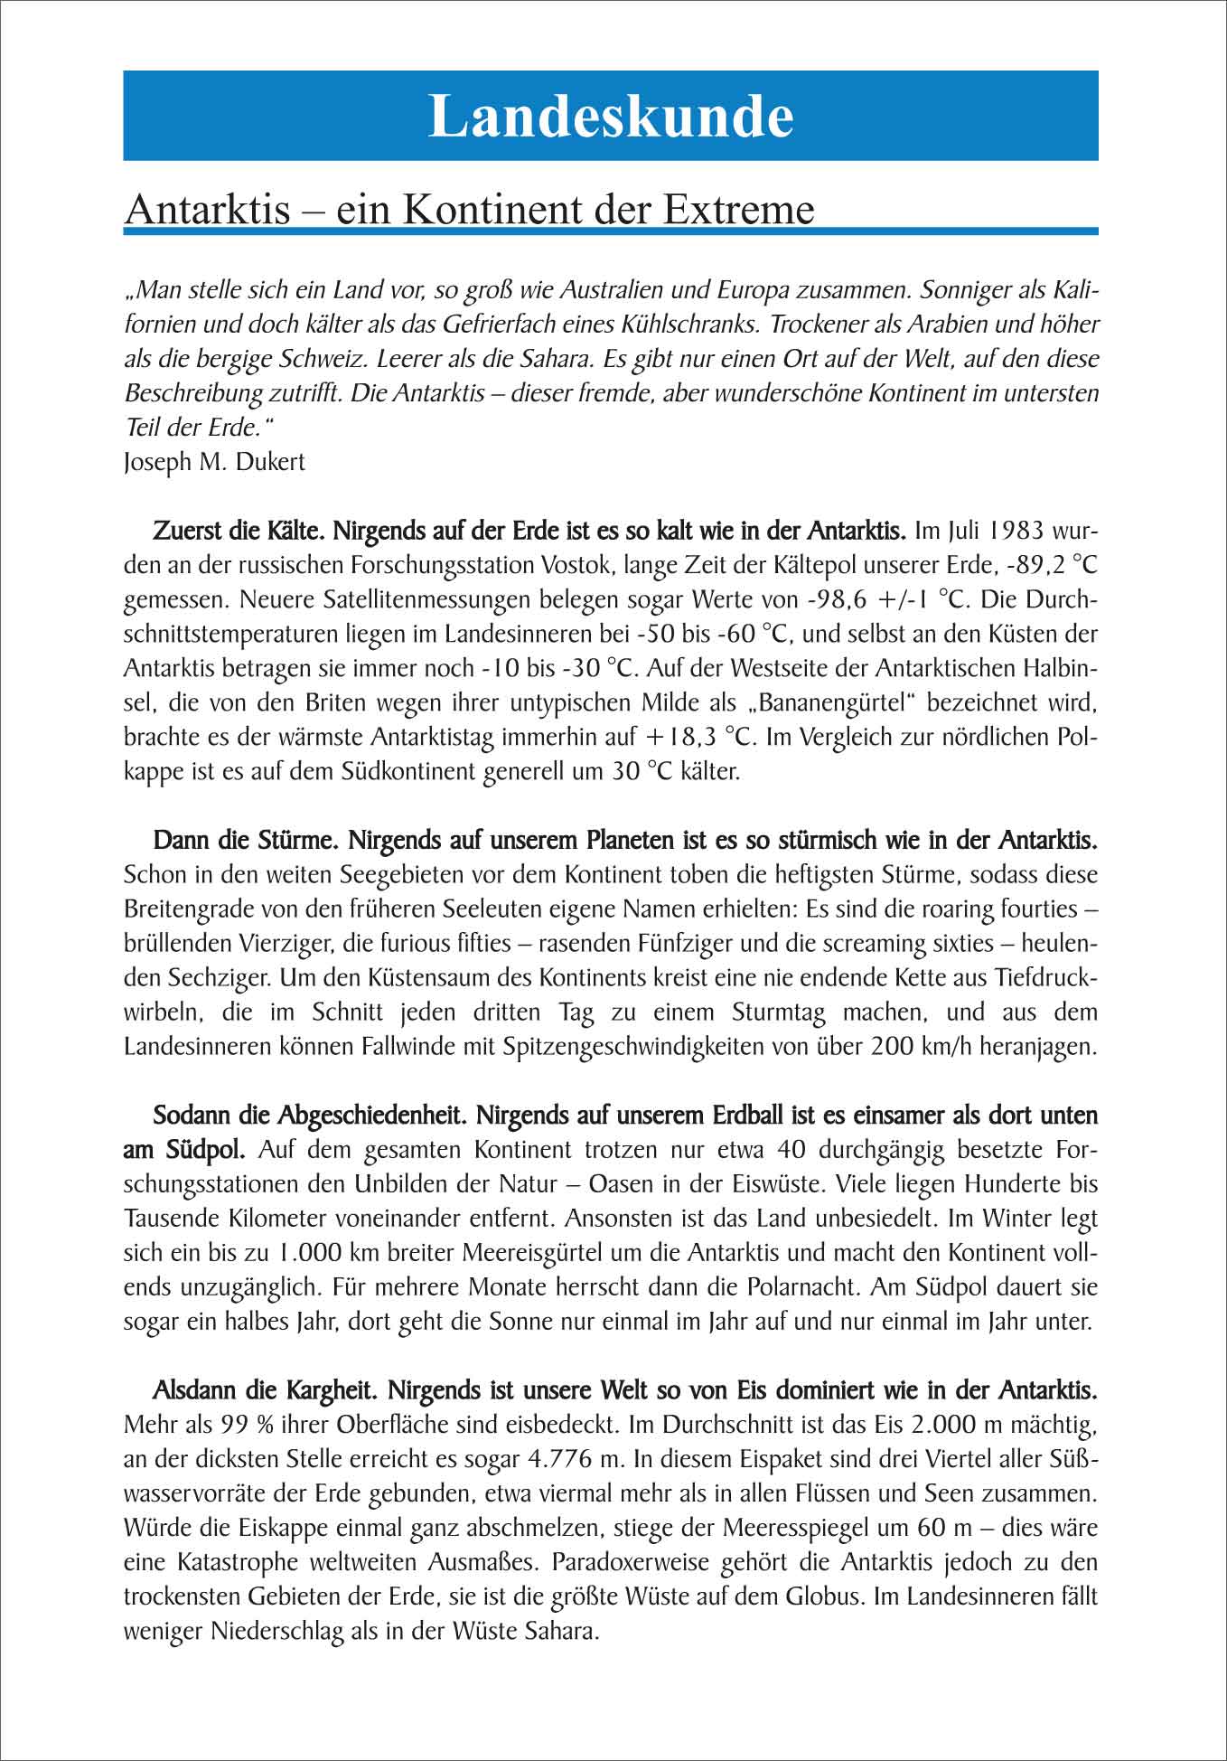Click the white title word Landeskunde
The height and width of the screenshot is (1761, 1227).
(x=611, y=116)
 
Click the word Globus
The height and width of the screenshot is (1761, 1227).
(x=818, y=1596)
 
